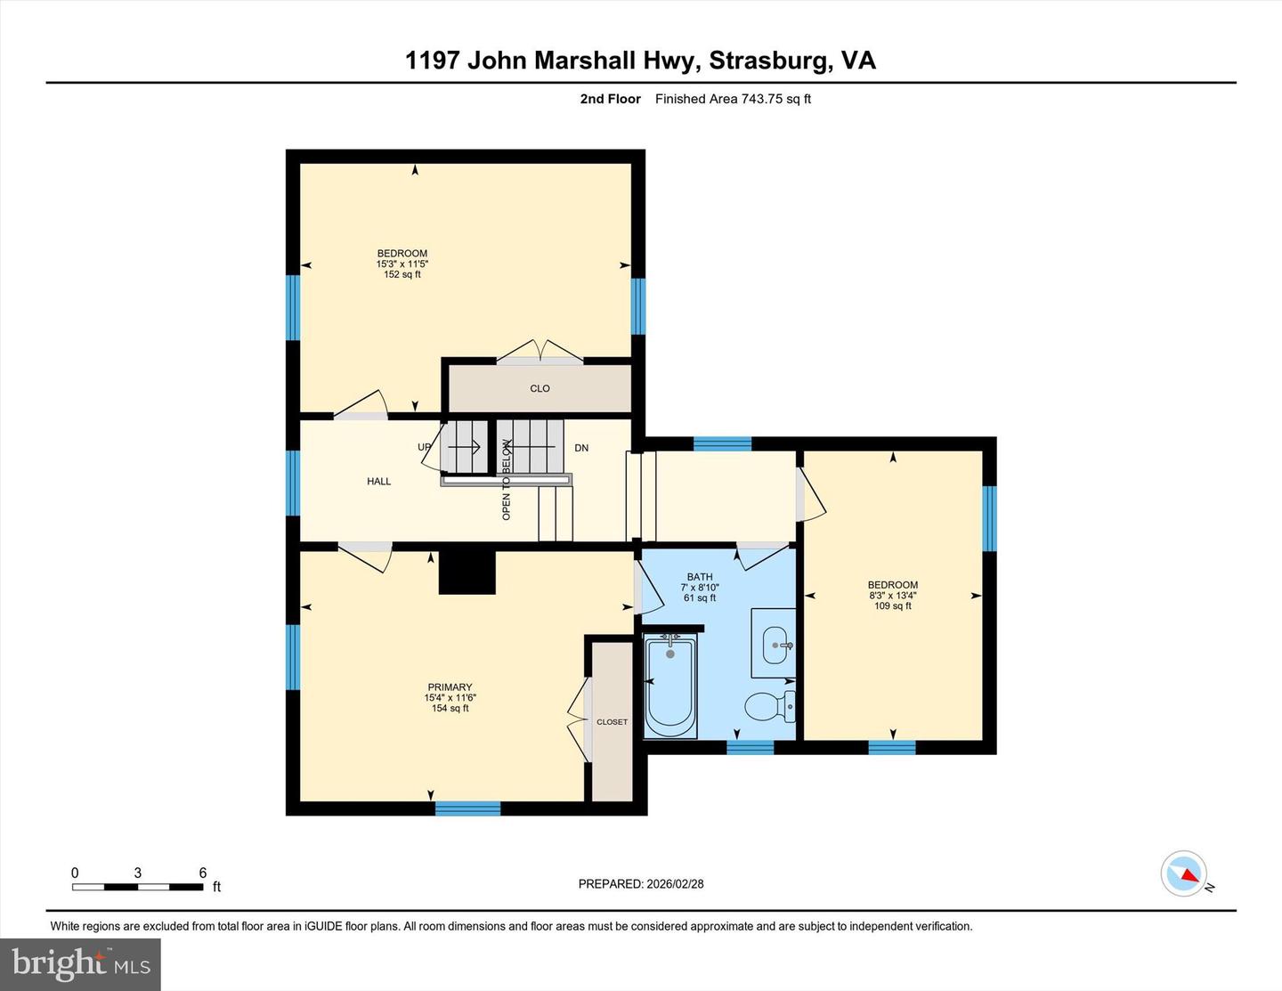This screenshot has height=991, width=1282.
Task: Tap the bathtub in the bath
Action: click(670, 686)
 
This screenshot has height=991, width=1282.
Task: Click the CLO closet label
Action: click(540, 388)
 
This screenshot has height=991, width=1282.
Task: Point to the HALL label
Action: click(378, 482)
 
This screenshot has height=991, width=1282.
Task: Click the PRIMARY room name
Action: click(450, 687)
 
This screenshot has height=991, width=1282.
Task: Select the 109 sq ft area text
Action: click(892, 606)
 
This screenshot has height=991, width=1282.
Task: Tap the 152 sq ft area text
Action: click(402, 274)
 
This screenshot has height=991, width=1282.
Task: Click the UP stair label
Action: click(425, 447)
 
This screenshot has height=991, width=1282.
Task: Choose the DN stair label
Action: click(581, 448)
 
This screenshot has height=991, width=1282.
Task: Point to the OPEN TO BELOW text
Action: click(507, 480)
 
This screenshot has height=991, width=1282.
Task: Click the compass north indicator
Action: click(1185, 873)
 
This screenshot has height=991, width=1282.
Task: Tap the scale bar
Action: click(137, 887)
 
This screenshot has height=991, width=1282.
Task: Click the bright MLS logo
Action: click(80, 964)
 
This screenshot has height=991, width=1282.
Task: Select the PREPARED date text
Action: click(640, 884)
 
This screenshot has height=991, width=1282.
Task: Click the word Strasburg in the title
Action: click(770, 61)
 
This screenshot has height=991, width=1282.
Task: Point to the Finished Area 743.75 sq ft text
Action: click(733, 99)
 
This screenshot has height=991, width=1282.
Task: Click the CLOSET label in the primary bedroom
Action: click(612, 722)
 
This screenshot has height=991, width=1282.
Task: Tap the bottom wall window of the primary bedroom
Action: click(467, 808)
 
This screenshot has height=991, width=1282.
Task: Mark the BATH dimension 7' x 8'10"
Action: click(700, 588)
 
